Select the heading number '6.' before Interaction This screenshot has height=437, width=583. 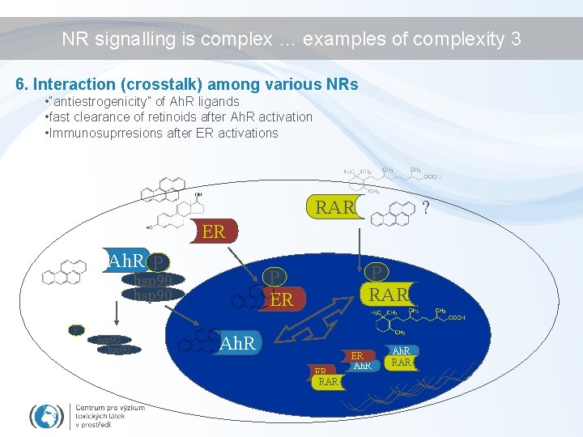(x=23, y=84)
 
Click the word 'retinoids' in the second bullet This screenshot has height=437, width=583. (x=148, y=117)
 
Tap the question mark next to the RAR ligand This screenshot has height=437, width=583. (x=426, y=208)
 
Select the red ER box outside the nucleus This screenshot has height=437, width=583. (x=213, y=232)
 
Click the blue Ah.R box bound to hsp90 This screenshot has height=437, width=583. (x=126, y=261)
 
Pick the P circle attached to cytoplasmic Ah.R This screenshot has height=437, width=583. (x=160, y=262)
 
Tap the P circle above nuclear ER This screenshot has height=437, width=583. (x=274, y=278)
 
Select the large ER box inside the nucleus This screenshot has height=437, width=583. (x=281, y=300)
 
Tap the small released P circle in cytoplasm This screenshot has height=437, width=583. (x=75, y=329)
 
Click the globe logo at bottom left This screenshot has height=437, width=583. (x=46, y=415)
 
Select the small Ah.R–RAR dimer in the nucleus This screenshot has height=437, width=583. (x=400, y=357)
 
